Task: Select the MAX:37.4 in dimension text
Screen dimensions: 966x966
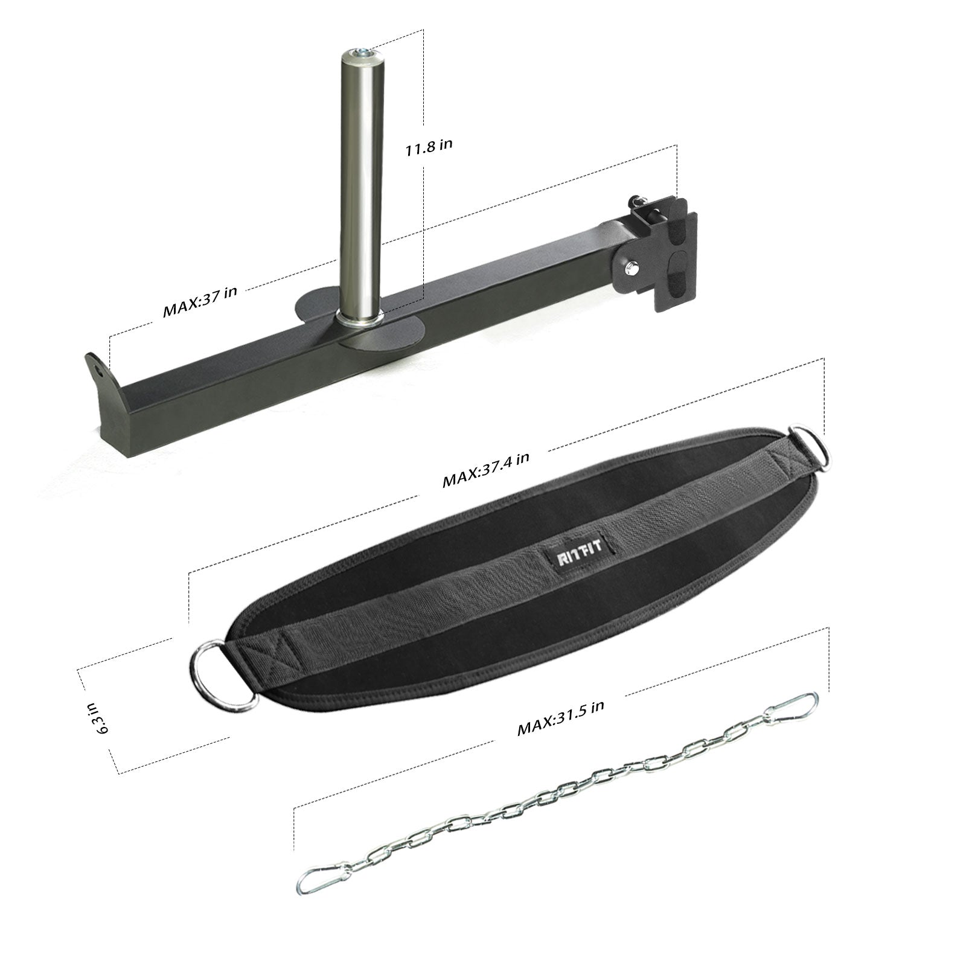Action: (x=486, y=469)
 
